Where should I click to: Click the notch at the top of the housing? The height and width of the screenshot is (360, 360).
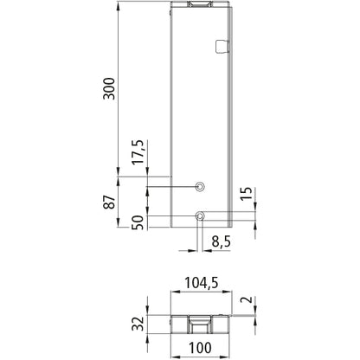tap(198, 5)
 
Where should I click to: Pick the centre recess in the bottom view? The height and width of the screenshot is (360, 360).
tap(198, 325)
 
